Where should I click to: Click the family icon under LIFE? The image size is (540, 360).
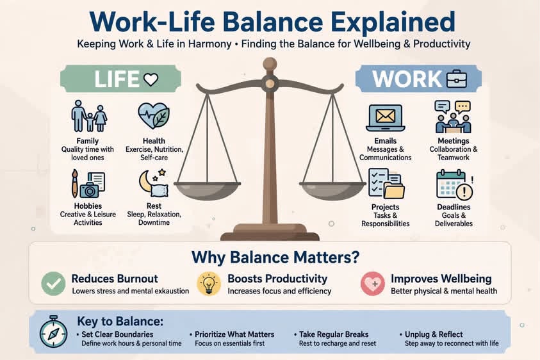[x=89, y=116]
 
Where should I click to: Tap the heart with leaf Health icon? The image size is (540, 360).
[x=153, y=116]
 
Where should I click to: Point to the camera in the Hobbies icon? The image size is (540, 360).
[x=89, y=190]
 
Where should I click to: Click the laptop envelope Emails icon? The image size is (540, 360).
[x=385, y=118]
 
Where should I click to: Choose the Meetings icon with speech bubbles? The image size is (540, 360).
[x=454, y=117]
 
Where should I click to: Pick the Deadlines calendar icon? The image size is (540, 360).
[x=455, y=184]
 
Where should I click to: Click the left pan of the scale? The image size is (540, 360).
[x=207, y=190]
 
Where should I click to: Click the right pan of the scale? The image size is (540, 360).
[x=332, y=190]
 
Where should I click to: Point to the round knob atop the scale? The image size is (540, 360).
[x=270, y=65]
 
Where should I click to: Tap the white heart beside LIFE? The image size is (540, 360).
[x=151, y=79]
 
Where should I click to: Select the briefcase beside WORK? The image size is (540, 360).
[x=457, y=79]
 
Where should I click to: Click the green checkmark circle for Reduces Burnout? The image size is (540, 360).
[x=53, y=284]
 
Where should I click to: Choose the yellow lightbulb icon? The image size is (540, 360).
[x=209, y=284]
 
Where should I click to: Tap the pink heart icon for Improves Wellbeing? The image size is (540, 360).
[x=373, y=284]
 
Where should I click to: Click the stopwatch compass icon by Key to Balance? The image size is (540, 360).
[x=53, y=331]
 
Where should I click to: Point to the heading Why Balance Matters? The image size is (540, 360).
[x=275, y=258]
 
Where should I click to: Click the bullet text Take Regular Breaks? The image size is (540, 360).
[x=334, y=334]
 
